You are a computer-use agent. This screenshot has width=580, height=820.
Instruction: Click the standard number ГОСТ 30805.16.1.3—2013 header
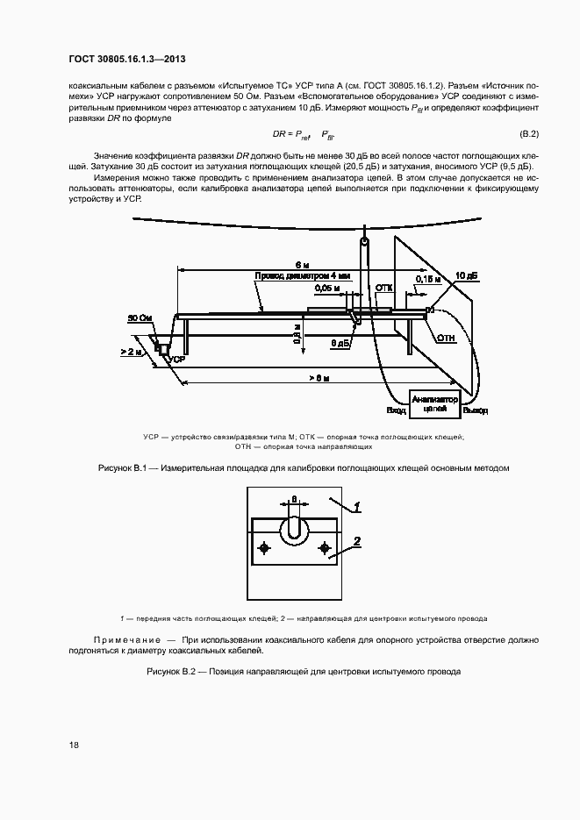click(x=128, y=57)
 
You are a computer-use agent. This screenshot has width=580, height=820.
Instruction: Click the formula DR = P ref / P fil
click(x=297, y=134)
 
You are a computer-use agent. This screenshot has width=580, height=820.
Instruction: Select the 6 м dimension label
click(x=302, y=264)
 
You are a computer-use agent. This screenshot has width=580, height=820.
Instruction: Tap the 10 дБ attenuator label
click(x=466, y=275)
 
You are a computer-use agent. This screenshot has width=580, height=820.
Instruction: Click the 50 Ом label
click(x=139, y=317)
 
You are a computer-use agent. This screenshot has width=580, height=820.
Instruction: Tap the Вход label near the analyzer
click(x=396, y=410)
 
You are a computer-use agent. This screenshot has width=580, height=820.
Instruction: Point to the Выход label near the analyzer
click(x=476, y=410)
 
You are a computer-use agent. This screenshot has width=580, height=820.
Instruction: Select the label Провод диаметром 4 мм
click(x=302, y=275)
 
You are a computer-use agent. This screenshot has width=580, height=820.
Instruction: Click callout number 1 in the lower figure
click(x=357, y=506)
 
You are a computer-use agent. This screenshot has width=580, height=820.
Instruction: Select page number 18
click(x=75, y=745)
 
